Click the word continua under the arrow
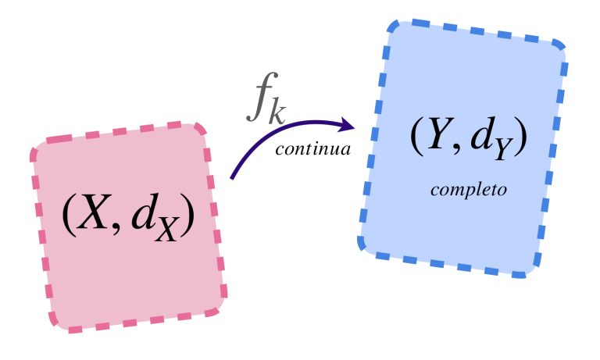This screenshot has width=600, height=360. point(312,149)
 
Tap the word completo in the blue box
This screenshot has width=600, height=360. point(469,190)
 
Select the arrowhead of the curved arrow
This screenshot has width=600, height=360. point(346,125)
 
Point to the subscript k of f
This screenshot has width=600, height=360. point(277,112)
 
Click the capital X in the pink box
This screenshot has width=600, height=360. point(92,212)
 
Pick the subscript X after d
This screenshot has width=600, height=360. point(166,230)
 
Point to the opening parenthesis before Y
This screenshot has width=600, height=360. point(416,135)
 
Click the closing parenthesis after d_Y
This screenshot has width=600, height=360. point(520,135)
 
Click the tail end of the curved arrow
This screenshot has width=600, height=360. point(231,178)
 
